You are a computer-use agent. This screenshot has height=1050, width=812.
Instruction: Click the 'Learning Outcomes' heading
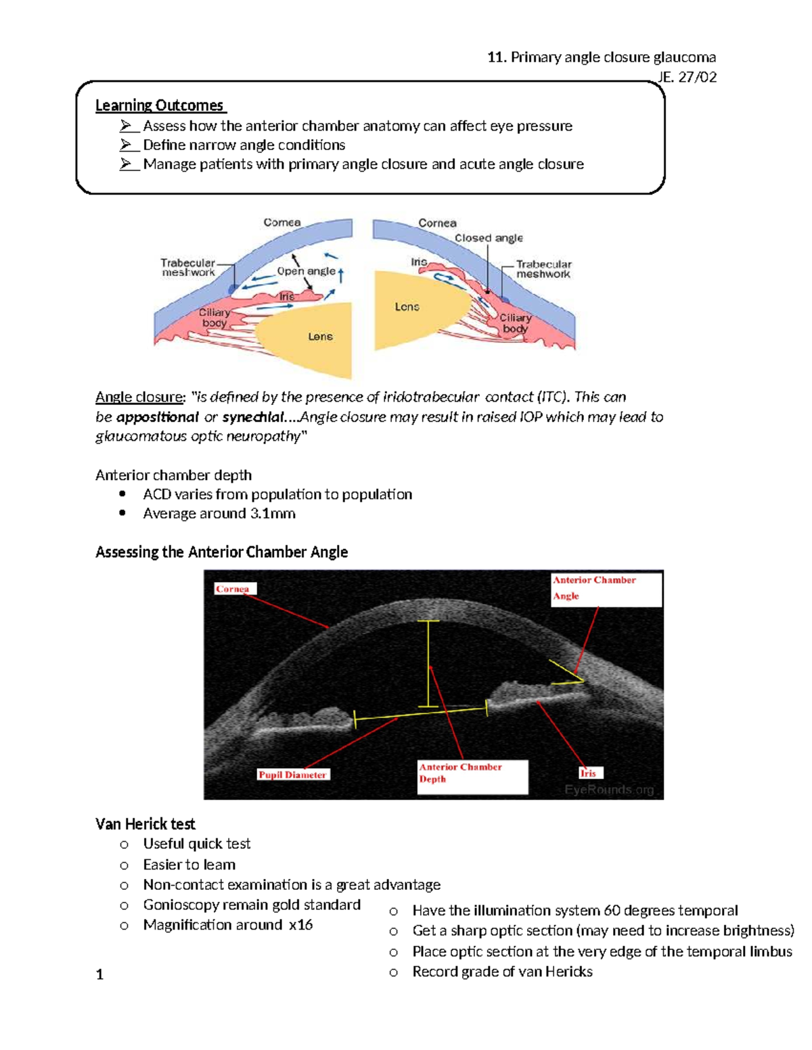(160, 105)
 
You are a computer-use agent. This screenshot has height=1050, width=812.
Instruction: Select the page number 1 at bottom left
(99, 974)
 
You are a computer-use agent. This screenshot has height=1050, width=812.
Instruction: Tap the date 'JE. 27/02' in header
(687, 77)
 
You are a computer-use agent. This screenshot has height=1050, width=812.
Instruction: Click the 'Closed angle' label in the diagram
(488, 238)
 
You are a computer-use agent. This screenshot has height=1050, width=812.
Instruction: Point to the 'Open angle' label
(306, 271)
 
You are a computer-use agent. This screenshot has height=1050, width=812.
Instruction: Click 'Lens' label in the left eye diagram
(320, 336)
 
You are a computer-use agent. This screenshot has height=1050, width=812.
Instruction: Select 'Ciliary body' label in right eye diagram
(516, 323)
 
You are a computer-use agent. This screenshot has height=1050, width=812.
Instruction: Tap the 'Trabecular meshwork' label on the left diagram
(187, 268)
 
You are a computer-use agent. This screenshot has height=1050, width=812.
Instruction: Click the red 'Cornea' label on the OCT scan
(233, 589)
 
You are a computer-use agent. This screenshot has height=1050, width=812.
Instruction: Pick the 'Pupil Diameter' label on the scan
(292, 775)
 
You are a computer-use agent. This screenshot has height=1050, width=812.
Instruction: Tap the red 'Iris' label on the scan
(588, 773)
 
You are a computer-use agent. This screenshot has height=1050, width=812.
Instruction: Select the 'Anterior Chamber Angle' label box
(605, 588)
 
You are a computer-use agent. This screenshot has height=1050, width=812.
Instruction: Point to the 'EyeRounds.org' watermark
(609, 789)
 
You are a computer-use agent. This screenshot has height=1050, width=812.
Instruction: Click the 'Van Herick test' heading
(145, 824)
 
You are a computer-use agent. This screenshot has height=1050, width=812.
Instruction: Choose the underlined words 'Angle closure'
(139, 397)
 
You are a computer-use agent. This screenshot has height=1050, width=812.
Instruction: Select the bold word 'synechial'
(253, 417)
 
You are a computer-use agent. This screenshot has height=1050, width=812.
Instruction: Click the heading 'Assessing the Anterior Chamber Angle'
(221, 552)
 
